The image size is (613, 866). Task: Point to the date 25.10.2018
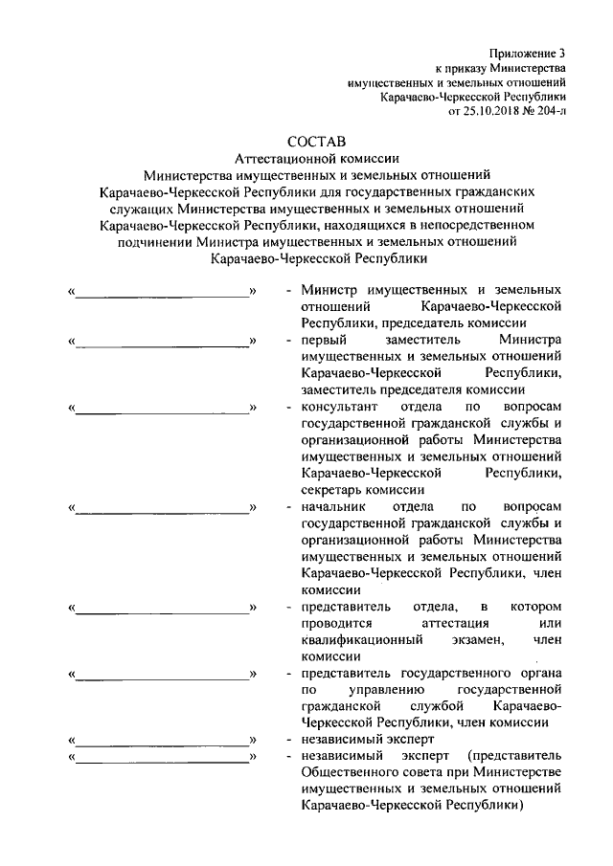(489, 111)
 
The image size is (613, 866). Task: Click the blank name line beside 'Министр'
(162, 291)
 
